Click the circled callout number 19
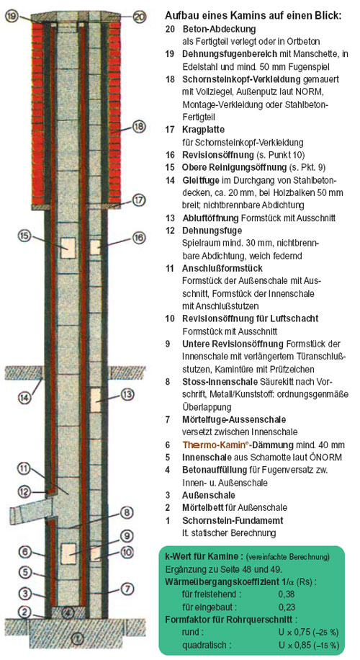pos(12,17)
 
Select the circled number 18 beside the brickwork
pos(139,127)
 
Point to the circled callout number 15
pos(24,236)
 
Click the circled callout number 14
pos(24,396)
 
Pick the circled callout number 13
pos(127,394)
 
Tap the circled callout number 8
pos(127,513)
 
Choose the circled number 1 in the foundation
pos(76,639)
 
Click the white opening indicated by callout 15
pos(67,248)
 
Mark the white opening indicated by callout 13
pos(96,400)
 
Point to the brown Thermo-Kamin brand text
pos(211,445)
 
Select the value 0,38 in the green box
pos(287,594)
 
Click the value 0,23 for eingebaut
pos(287,607)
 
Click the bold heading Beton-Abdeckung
pos(219,30)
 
